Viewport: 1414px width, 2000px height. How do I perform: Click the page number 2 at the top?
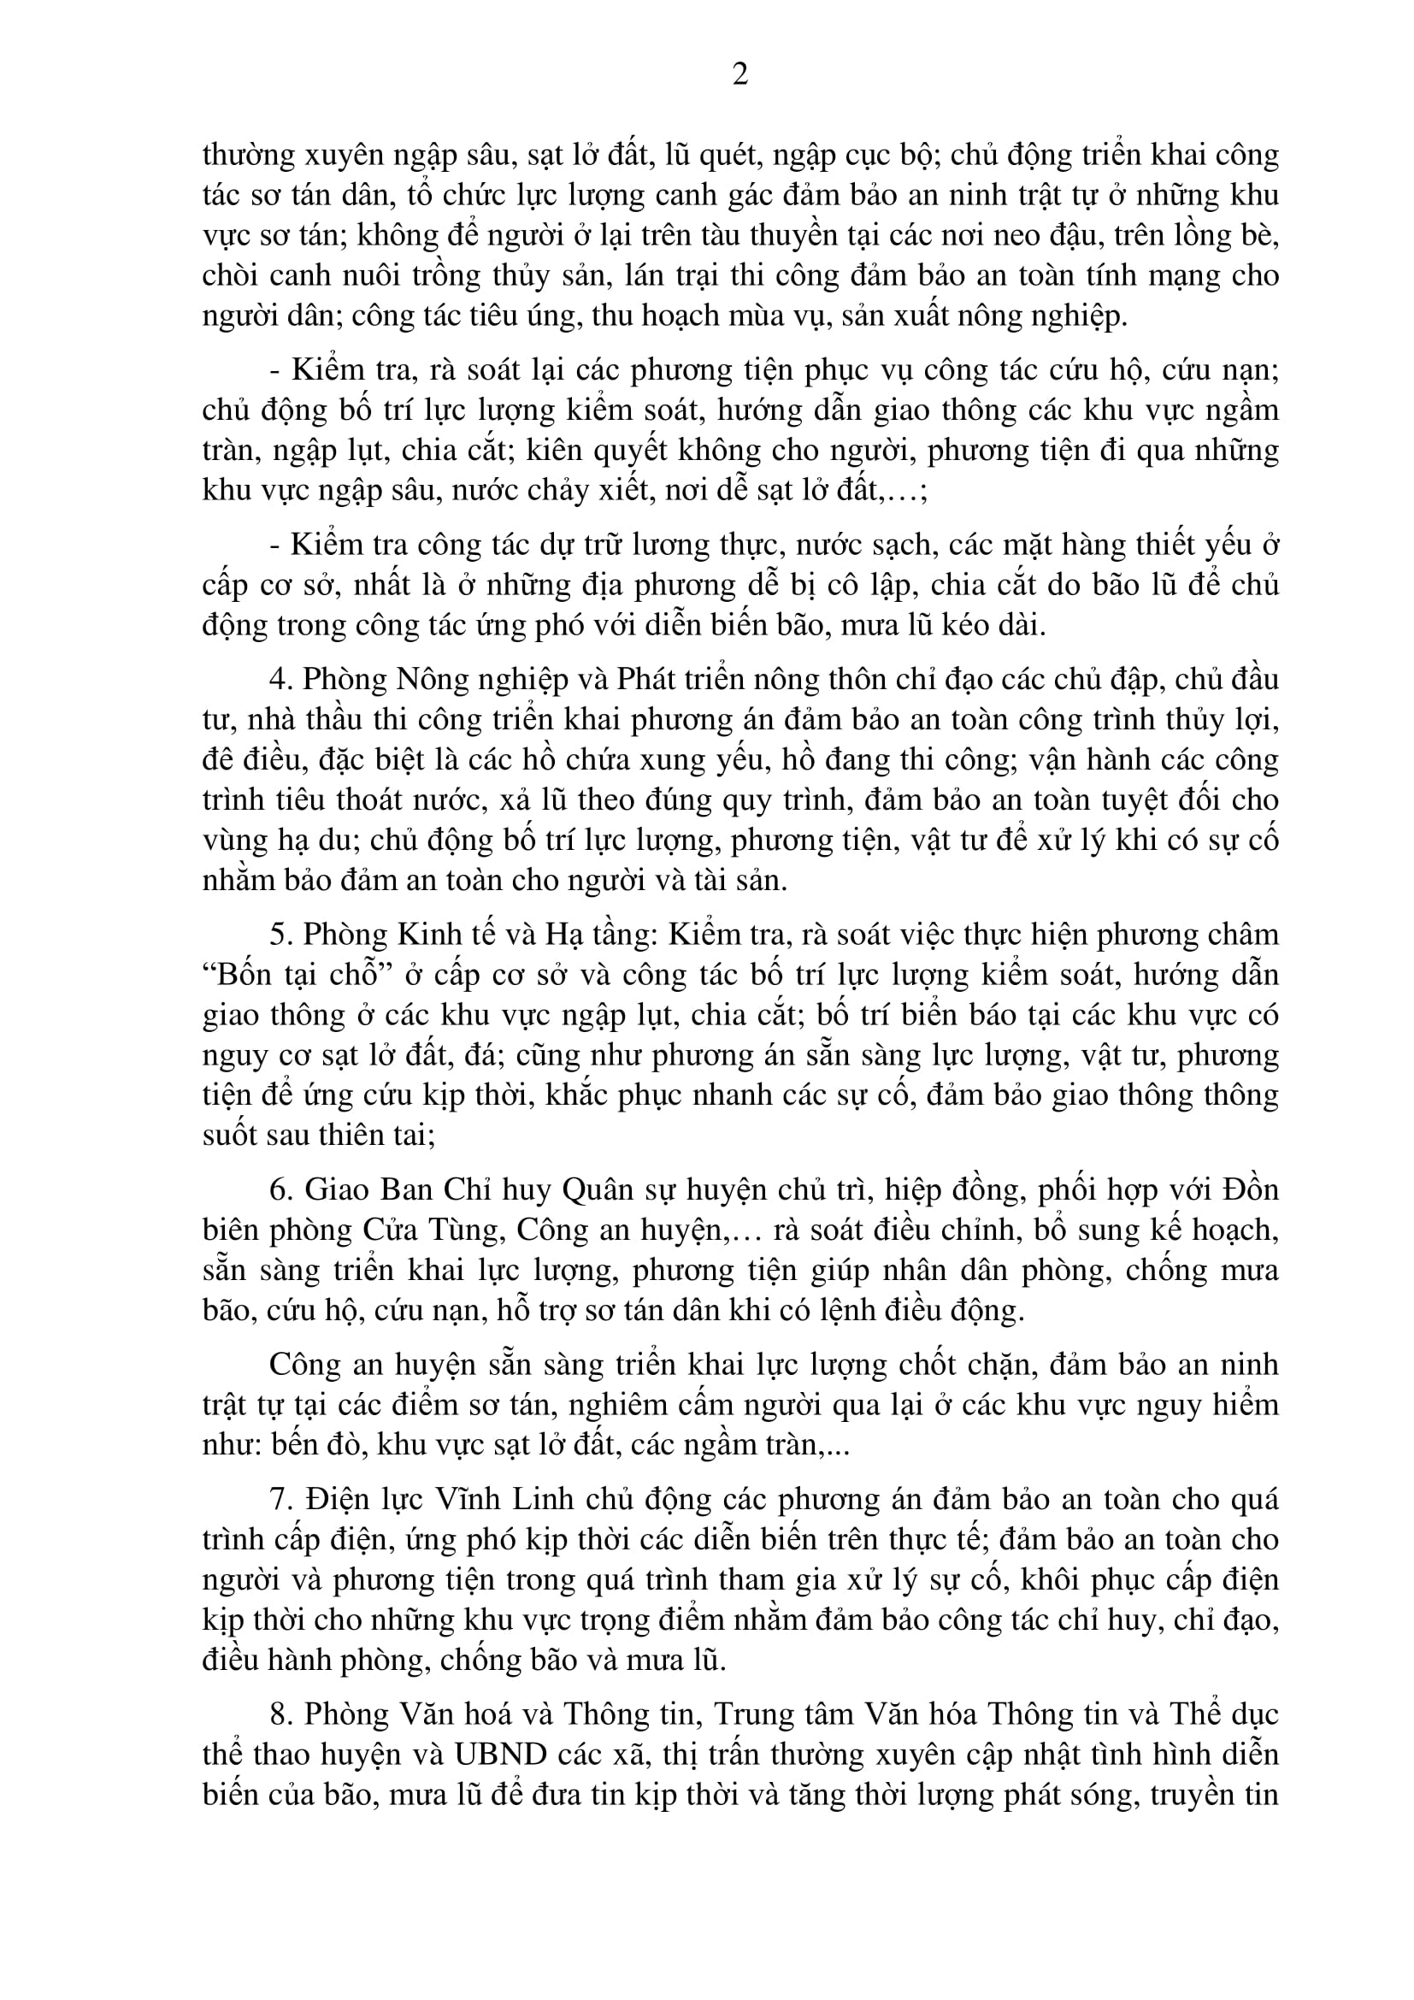740,75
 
